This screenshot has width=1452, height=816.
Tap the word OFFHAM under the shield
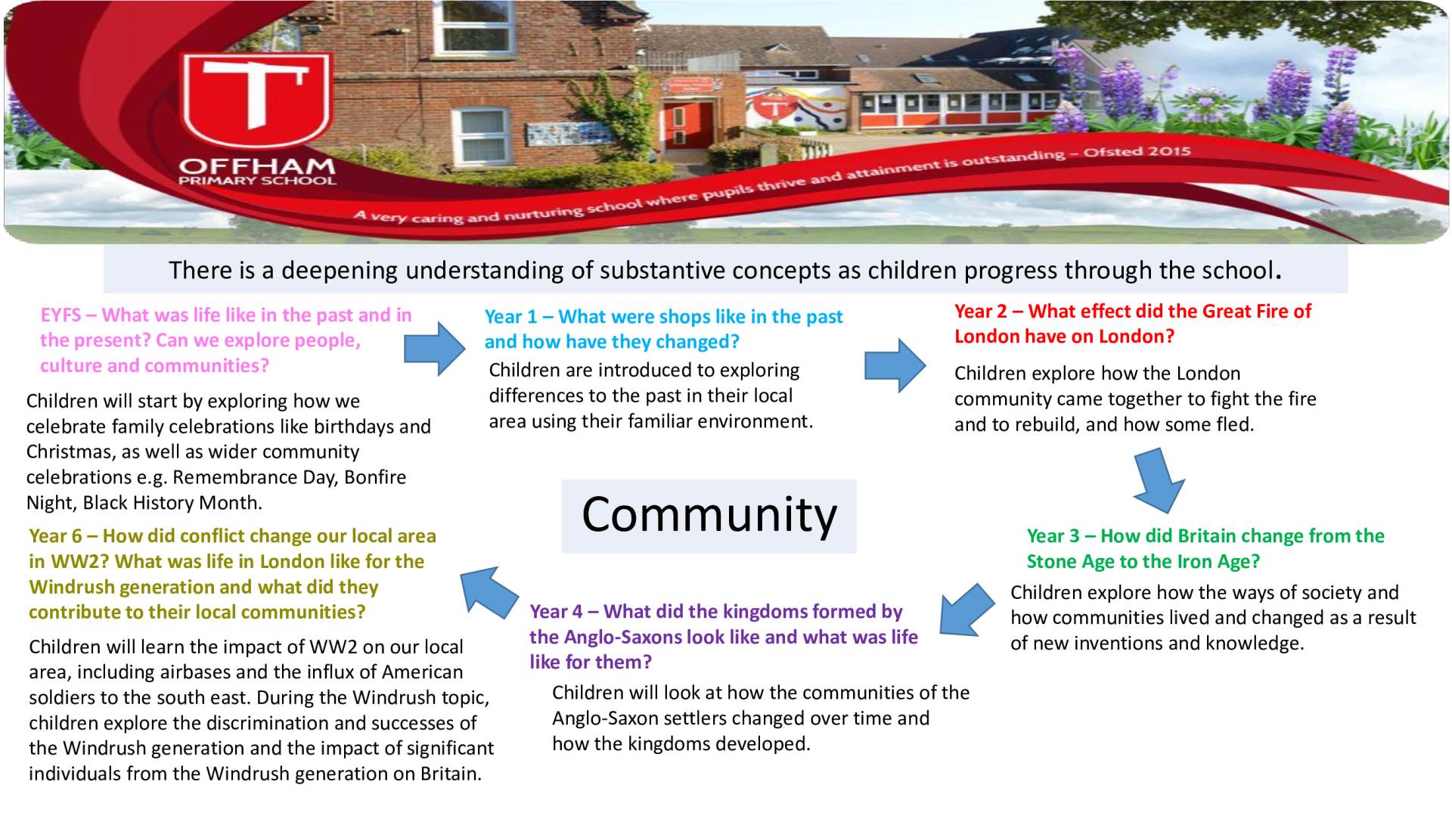(x=257, y=166)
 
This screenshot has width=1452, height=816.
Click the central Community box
(x=709, y=516)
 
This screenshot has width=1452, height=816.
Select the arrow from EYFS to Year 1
(x=435, y=349)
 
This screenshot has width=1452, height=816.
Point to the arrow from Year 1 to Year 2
(x=895, y=365)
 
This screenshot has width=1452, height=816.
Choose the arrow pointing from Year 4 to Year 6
(x=489, y=592)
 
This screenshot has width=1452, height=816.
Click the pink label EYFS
(x=60, y=315)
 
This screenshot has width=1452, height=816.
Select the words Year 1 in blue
(x=510, y=317)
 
